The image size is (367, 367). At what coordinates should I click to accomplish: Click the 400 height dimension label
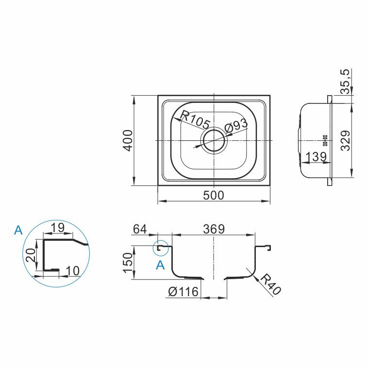[x=128, y=140]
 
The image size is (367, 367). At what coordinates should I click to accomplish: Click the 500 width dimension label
[x=214, y=195]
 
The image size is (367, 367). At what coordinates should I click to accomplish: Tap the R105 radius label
[x=196, y=119]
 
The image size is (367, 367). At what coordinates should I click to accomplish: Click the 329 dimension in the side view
[x=346, y=140]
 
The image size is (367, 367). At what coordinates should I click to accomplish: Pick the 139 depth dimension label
[x=316, y=156]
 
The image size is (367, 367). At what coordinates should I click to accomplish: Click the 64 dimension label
[x=140, y=229]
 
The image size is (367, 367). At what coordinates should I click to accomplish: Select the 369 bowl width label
[x=214, y=229]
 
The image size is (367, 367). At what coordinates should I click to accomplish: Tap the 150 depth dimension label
[x=128, y=262]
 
